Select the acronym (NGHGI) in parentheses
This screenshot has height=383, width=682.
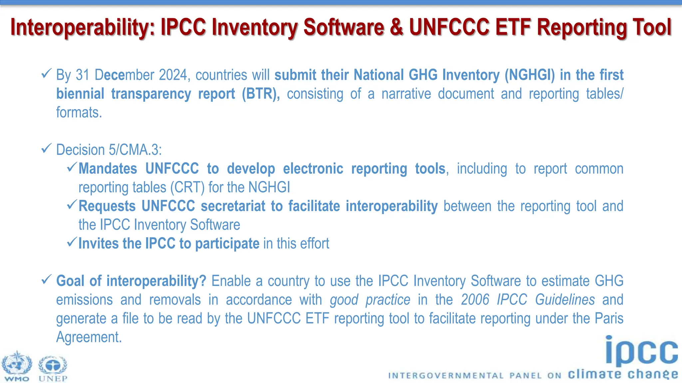[529, 75]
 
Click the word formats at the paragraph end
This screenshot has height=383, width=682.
[79, 113]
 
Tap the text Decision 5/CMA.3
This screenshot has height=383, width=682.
[109, 150]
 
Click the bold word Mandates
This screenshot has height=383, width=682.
[108, 169]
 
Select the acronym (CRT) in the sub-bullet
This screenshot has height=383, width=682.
[187, 188]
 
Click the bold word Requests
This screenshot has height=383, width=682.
[107, 206]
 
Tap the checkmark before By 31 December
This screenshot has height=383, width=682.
[46, 73]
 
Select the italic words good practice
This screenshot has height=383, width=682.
[370, 300]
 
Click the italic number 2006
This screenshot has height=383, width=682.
[475, 300]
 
